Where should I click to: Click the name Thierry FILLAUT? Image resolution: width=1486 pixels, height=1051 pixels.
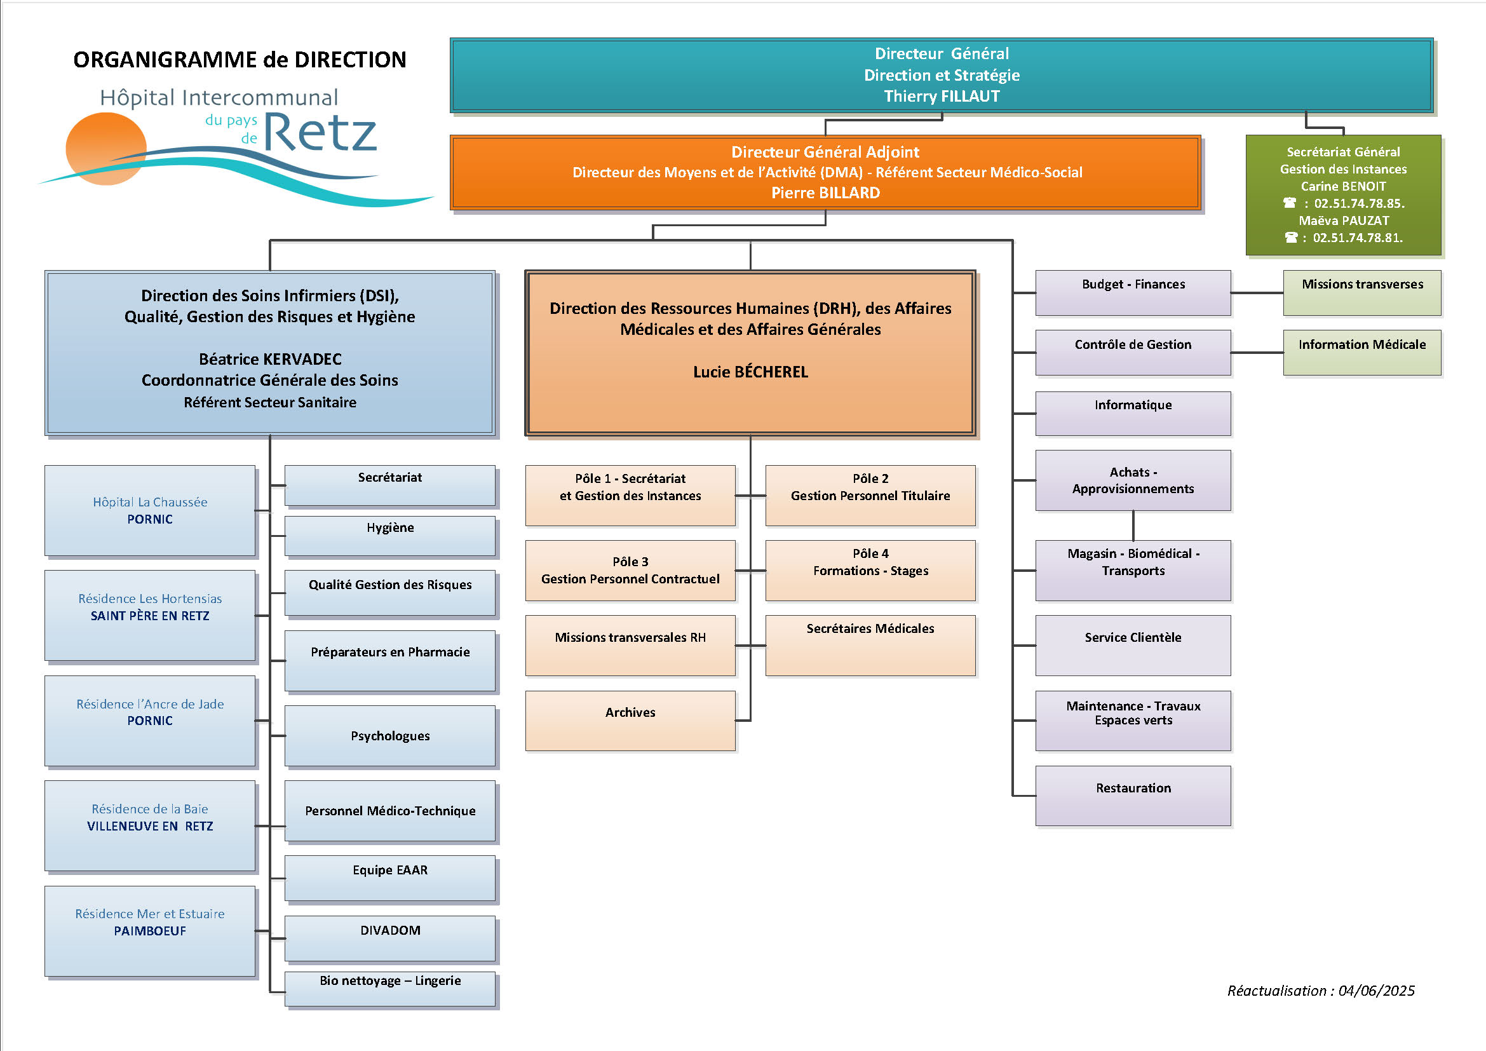point(941,97)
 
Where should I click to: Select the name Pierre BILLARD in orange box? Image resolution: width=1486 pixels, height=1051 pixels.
point(825,193)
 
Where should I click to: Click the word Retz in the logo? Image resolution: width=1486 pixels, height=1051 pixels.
point(320,133)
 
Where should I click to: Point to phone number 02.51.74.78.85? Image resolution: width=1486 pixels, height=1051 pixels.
point(1358,203)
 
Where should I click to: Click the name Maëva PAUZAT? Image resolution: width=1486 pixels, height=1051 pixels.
point(1343,220)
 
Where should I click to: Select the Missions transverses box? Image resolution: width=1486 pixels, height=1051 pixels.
point(1361,292)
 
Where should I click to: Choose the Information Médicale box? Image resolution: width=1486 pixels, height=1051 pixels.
point(1361,352)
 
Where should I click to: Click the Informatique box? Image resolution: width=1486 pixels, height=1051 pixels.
point(1133,413)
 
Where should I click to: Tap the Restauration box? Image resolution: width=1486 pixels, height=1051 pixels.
point(1133,796)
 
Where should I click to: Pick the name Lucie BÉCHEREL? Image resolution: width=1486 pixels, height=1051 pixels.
point(750,372)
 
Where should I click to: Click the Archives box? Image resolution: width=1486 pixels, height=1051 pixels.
point(630,721)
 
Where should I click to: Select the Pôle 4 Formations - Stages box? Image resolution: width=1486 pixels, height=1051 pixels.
point(870,569)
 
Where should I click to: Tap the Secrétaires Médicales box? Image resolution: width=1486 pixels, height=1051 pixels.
point(870,644)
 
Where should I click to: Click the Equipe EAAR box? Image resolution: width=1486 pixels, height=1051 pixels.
point(389,878)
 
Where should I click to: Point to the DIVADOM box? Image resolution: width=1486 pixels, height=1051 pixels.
point(389,937)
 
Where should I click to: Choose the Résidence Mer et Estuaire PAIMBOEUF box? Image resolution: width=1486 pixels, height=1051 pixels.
point(149,930)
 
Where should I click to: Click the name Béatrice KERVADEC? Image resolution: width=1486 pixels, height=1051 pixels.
point(270,359)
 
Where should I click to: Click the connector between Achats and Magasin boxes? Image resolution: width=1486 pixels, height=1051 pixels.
point(1133,525)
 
